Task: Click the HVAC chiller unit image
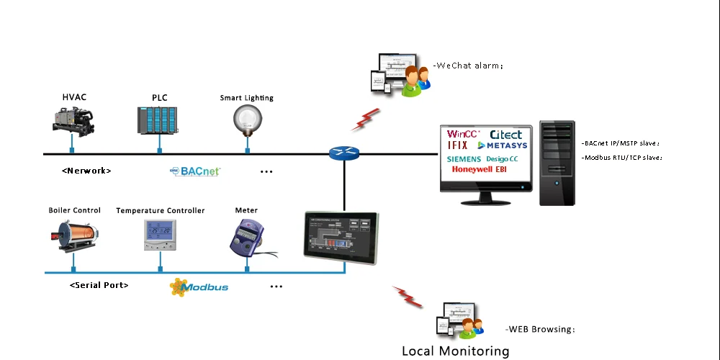(x=73, y=119)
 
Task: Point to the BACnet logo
(x=196, y=171)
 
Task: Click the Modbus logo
(x=199, y=287)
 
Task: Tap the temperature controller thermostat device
(x=160, y=234)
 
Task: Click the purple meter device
(x=247, y=236)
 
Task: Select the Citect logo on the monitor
(x=507, y=135)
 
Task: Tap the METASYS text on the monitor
(x=508, y=145)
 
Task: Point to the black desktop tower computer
(x=557, y=163)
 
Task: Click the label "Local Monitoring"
(x=454, y=351)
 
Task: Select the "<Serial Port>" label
(x=99, y=285)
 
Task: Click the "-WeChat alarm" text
(x=468, y=66)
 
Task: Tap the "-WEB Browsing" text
(x=540, y=329)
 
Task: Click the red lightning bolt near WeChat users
(x=365, y=120)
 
